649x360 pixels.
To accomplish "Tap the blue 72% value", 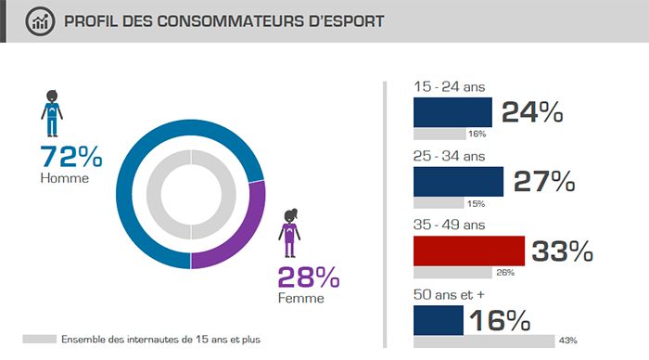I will click(70, 156).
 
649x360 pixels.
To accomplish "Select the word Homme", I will click(64, 177).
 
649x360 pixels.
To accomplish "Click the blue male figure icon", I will click(51, 111).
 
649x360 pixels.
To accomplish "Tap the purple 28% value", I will click(308, 276).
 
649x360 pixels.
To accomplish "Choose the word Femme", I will click(301, 298).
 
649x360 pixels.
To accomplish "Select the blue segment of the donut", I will click(139, 167).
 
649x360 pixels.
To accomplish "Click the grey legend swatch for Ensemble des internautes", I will click(38, 340).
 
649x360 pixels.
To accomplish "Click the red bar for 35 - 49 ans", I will click(468, 251).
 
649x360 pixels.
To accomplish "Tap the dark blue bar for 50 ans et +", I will click(438, 320).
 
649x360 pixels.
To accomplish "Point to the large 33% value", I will click(561, 251).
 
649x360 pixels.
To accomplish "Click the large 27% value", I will click(544, 182).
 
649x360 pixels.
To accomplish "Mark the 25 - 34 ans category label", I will click(449, 156).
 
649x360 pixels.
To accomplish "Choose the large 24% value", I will click(532, 112).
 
